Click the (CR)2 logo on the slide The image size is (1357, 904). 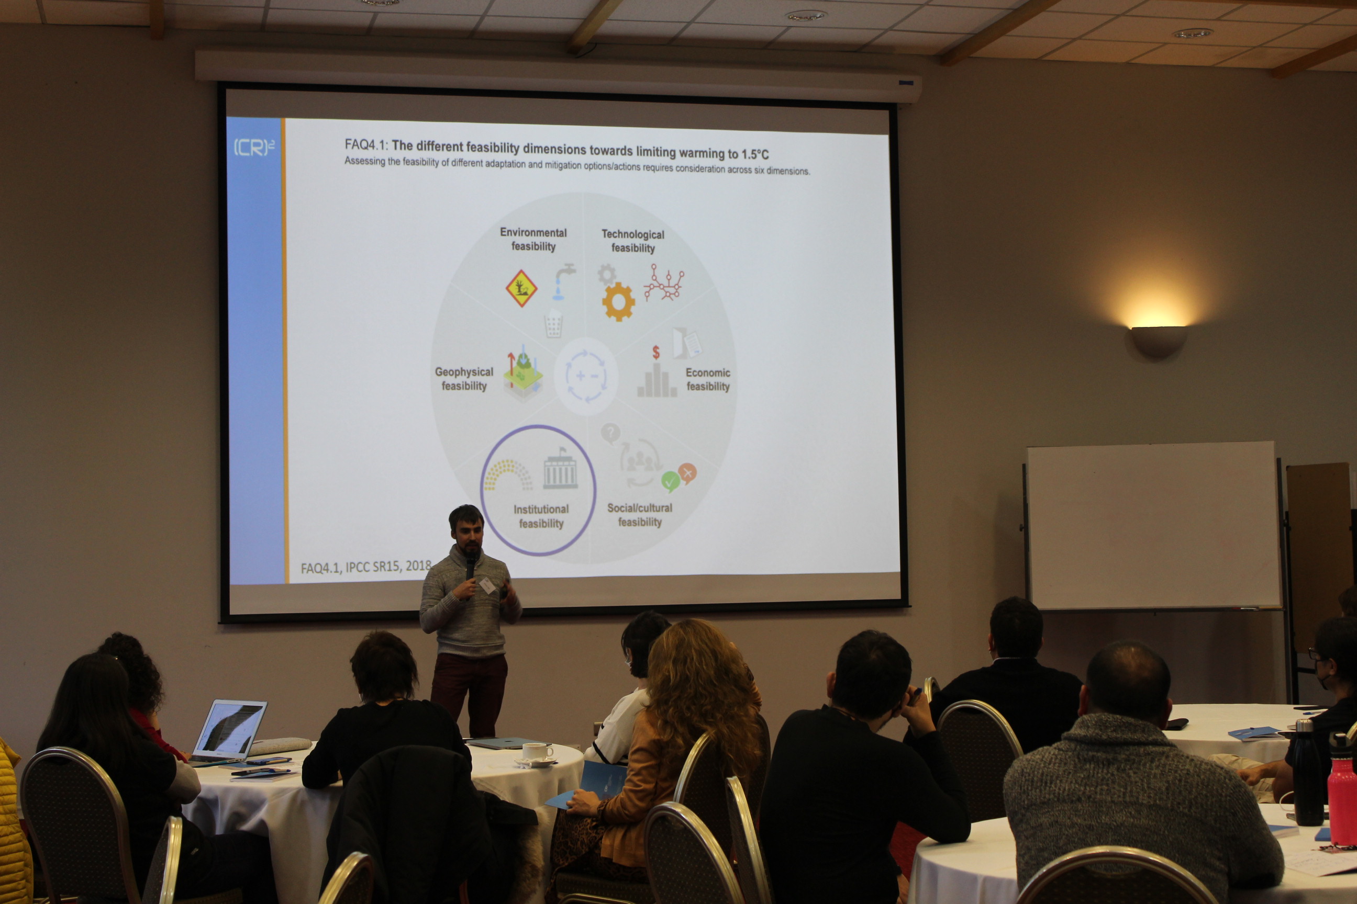[254, 147]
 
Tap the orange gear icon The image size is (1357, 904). [618, 301]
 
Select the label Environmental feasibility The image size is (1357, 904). [533, 239]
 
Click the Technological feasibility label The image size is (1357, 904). [633, 241]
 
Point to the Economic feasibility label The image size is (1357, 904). [708, 379]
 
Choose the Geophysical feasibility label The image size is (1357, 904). [464, 379]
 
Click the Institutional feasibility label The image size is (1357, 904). [541, 516]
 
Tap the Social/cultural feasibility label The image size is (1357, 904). [639, 515]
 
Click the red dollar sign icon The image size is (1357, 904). [655, 352]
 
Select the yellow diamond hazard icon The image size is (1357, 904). [521, 288]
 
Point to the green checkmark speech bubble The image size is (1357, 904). [670, 481]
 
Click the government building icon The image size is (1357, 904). [560, 469]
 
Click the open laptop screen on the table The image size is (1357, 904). [230, 730]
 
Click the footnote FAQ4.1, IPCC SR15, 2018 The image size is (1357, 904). [366, 567]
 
